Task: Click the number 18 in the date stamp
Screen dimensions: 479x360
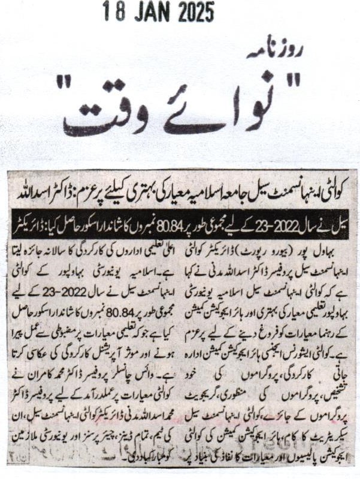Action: pos(113,11)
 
